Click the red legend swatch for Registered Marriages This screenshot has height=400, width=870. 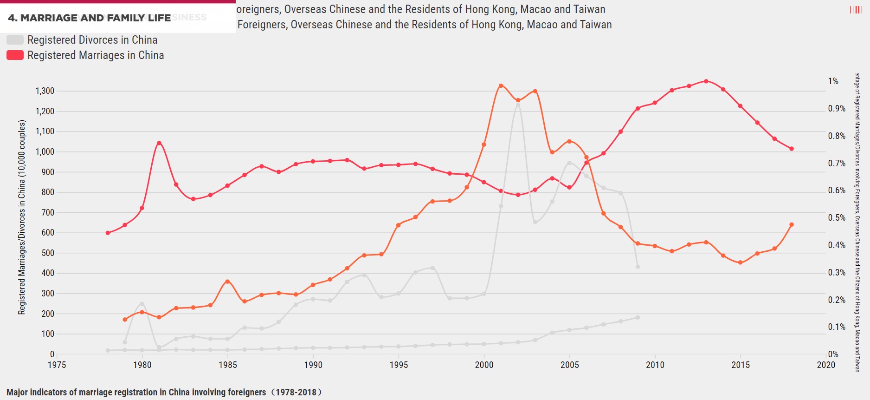[x=15, y=55]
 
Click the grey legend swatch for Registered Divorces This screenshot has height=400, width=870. [x=15, y=40]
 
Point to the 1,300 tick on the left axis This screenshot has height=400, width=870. [x=45, y=91]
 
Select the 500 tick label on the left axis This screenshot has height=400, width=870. [x=48, y=253]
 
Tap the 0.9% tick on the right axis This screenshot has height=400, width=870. [x=837, y=109]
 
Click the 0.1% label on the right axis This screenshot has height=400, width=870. [x=837, y=327]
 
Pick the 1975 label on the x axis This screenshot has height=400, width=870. [x=57, y=365]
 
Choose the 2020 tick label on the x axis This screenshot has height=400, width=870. [x=826, y=365]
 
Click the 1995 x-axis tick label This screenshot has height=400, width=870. [x=399, y=365]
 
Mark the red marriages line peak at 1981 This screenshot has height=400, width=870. [x=159, y=143]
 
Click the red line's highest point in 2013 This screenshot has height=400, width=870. [x=706, y=81]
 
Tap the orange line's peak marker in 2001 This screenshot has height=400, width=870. [x=501, y=86]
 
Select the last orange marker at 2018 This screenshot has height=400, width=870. [x=792, y=225]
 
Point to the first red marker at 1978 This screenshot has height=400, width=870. [x=108, y=233]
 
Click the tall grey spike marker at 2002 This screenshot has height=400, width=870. [x=518, y=105]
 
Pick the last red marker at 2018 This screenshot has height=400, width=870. [x=792, y=149]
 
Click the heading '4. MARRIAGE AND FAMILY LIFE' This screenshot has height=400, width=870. [x=90, y=18]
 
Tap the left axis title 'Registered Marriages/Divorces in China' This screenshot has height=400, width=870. [x=22, y=217]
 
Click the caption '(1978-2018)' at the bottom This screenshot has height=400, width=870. [x=296, y=393]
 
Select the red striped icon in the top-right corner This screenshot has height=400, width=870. [x=856, y=10]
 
